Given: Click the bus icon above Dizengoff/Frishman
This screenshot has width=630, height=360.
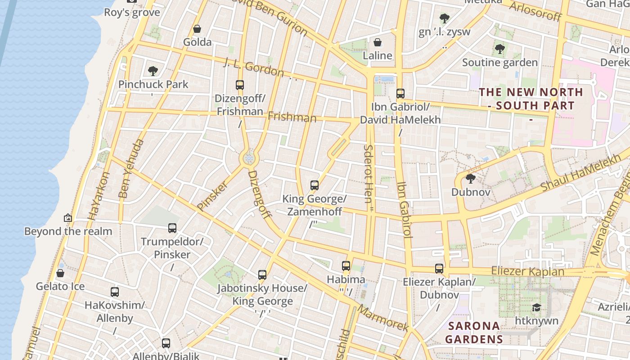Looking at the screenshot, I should pos(240,85).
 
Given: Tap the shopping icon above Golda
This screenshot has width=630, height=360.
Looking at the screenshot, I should pos(197,29).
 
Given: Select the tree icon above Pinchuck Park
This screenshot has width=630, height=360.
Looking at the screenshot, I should pos(153,71).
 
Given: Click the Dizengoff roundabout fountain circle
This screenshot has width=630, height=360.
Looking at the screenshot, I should pos(249,158).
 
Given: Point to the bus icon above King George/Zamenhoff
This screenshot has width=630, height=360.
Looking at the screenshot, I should pos(315,185).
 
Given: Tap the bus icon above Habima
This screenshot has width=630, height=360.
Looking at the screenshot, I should pos(346,265).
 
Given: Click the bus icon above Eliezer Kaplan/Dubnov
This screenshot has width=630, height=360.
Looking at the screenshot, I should pos(439,268).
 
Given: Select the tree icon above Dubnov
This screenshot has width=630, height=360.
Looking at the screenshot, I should pos(471,179).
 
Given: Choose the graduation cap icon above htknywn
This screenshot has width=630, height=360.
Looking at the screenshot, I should pos(536,307).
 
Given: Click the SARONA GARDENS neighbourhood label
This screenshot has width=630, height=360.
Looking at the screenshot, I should pos(474,332).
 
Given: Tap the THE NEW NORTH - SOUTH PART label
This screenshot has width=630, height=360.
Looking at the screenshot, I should pos(531,99).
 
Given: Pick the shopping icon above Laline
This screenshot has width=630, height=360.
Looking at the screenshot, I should pos(378,42).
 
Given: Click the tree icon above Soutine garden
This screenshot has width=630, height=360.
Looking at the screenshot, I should pos(499,49).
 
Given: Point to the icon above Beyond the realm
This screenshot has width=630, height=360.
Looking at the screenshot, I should pos(68,218).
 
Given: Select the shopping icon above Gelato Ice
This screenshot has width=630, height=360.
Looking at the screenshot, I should pos(60,273).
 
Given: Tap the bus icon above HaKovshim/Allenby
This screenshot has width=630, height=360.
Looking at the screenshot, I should pos(115,292).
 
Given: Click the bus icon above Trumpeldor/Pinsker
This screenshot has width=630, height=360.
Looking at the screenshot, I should pos(172,228).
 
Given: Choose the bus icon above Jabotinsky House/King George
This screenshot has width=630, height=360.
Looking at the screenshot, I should pos(262,274).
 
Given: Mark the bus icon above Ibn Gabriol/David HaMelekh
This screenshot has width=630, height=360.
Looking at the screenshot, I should pos(400,94).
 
